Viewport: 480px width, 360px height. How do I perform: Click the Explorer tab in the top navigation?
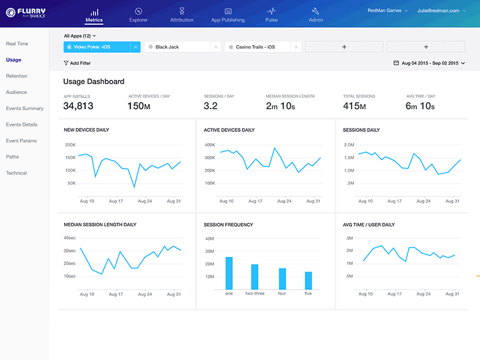tap(138, 15)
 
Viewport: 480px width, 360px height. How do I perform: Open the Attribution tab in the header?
tap(182, 15)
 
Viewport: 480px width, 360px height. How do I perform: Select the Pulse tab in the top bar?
tap(271, 15)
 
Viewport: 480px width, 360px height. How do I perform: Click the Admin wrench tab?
tap(316, 15)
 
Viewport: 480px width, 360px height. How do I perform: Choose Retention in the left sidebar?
tap(16, 76)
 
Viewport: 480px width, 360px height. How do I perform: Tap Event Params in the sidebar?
tap(22, 141)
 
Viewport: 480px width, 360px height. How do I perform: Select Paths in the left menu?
tap(13, 157)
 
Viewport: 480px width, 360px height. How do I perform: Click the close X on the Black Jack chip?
tap(216, 47)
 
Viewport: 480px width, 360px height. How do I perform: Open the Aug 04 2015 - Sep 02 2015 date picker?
tap(428, 63)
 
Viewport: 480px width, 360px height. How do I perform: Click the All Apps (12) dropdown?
tap(80, 36)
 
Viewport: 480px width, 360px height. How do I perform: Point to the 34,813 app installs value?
tap(78, 106)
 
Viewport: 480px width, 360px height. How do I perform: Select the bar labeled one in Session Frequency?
tap(229, 273)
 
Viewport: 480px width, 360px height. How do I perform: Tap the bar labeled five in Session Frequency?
tap(308, 280)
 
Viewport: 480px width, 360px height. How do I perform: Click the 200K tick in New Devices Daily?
tap(70, 145)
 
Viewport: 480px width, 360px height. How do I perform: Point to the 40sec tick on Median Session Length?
tap(70, 238)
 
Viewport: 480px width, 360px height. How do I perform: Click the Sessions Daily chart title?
tap(361, 130)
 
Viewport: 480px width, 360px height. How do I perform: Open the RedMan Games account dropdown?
tap(387, 10)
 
